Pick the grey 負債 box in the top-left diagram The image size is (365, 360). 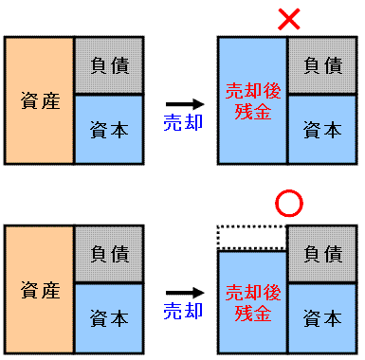[x=108, y=66]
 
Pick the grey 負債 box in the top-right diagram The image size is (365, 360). [x=322, y=66]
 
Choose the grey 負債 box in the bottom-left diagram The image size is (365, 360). [x=108, y=254]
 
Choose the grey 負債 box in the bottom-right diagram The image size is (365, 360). [x=322, y=254]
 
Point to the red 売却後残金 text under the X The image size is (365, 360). [x=251, y=100]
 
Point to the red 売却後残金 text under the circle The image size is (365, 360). [x=251, y=301]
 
